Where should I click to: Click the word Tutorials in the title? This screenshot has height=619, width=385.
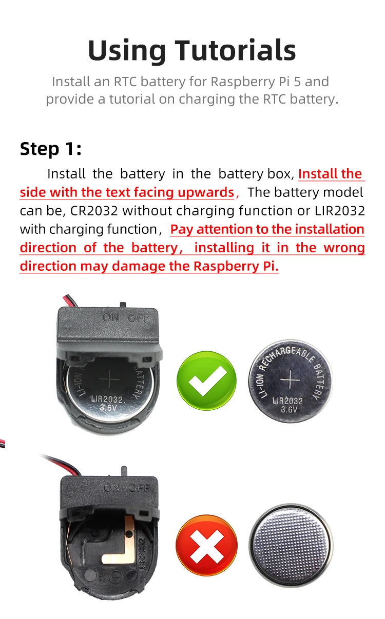236,50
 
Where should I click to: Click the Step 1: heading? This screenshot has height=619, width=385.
50,149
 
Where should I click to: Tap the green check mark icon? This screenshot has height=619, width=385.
206,380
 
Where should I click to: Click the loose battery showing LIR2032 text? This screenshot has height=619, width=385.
290,381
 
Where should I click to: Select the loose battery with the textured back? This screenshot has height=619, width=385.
290,545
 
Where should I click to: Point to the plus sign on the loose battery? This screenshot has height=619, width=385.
291,381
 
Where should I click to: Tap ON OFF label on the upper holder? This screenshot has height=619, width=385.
126,318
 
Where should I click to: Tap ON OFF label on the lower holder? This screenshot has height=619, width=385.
127,488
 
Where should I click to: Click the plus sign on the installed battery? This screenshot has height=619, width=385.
108,380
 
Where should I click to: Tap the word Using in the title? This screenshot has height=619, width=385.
127,50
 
